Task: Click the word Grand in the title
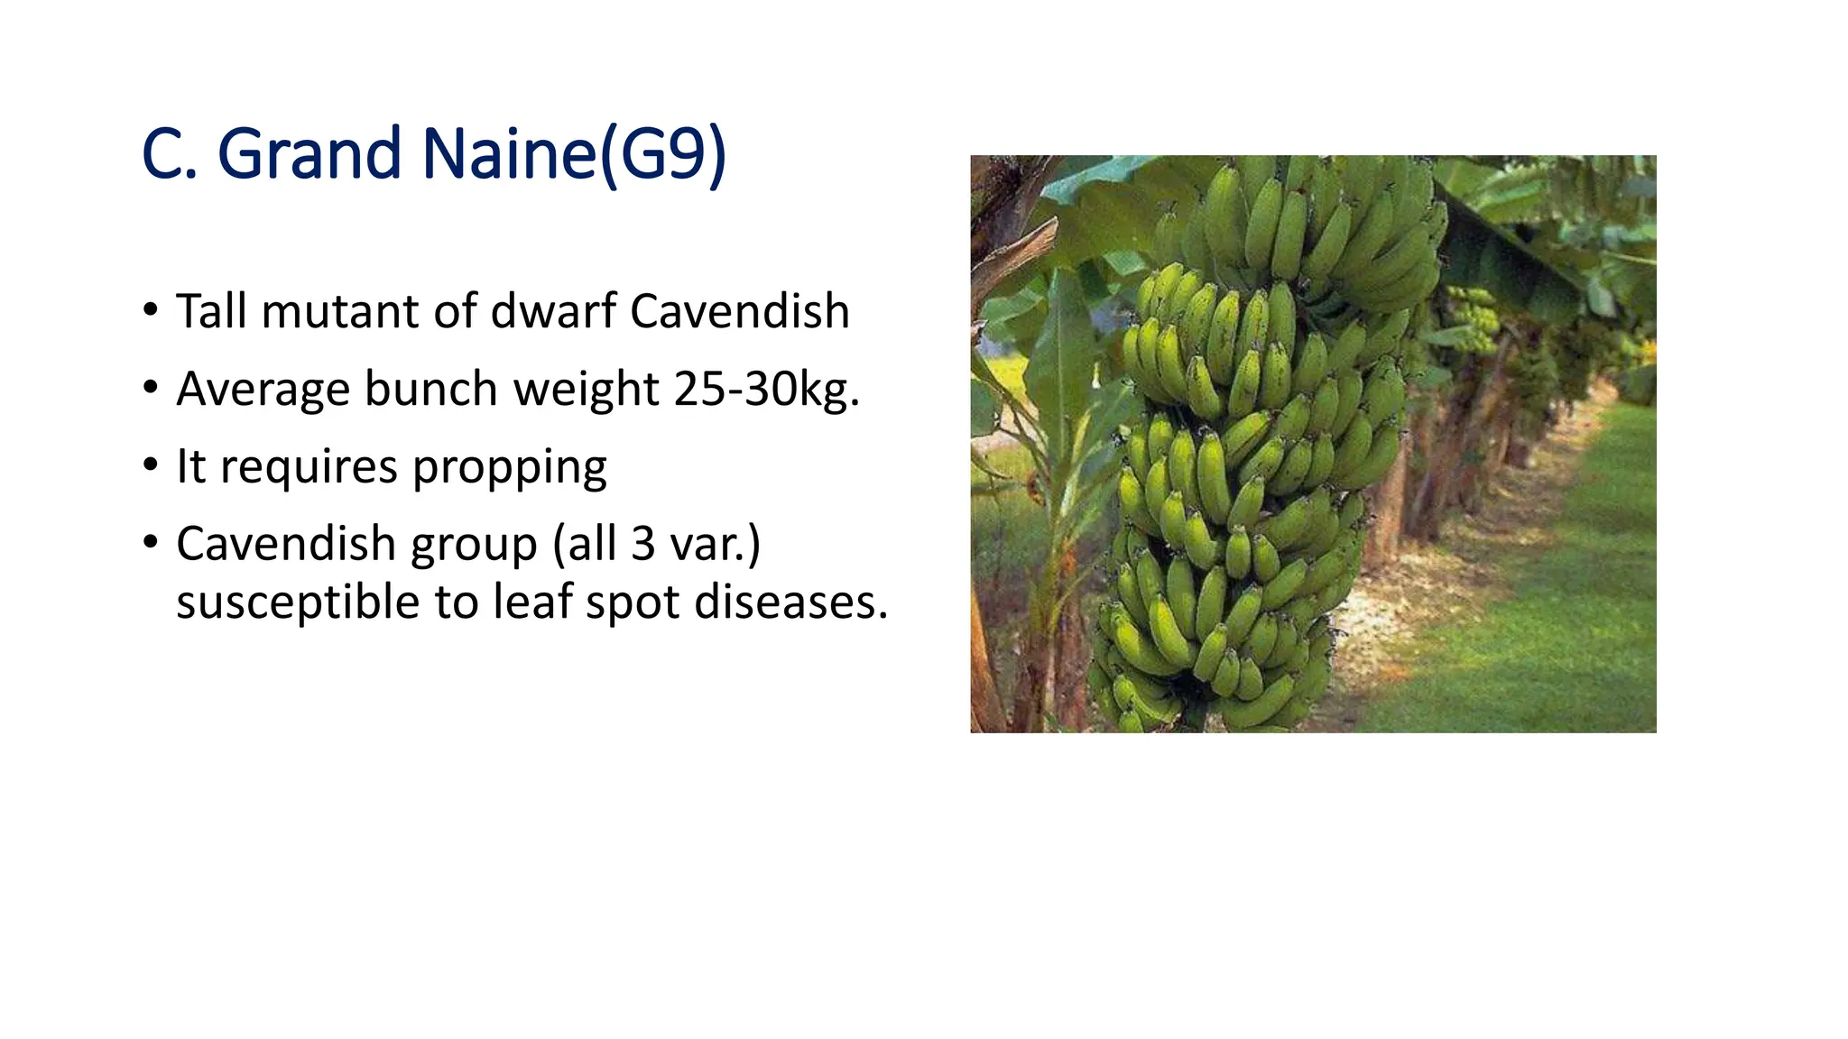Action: point(310,154)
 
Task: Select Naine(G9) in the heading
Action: point(574,154)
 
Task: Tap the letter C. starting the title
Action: point(169,154)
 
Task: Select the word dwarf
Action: point(552,311)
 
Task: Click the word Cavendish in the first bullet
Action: point(740,311)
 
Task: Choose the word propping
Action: point(510,467)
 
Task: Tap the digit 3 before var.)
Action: point(642,544)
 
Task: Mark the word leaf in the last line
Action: point(533,602)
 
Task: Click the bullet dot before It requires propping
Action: point(151,466)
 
